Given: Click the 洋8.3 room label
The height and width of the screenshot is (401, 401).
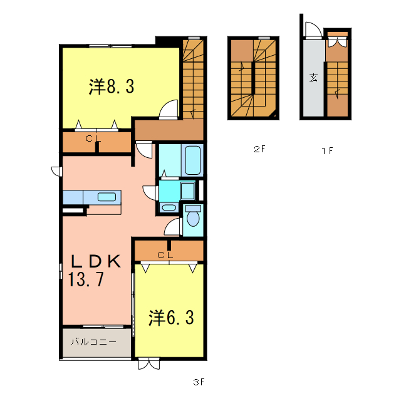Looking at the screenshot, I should click(x=112, y=87).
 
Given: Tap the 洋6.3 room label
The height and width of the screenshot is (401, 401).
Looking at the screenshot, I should click(x=170, y=318).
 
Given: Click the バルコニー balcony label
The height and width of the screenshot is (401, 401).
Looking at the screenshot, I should click(x=93, y=342).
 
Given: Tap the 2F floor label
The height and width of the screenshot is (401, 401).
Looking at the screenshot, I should click(x=260, y=150).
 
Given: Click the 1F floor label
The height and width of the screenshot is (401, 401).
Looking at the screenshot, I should click(x=326, y=150).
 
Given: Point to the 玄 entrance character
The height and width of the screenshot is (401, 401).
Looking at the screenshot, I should click(x=313, y=78).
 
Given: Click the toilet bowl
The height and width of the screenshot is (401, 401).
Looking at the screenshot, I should click(x=193, y=218).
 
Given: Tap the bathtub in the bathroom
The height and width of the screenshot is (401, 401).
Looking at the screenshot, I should click(x=192, y=160).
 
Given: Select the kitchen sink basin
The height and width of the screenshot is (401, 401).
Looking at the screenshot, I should click(x=107, y=197).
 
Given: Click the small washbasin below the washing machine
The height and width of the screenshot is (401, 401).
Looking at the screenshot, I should click(x=169, y=207).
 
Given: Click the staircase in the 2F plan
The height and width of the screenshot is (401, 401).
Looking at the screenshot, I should click(x=253, y=78).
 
